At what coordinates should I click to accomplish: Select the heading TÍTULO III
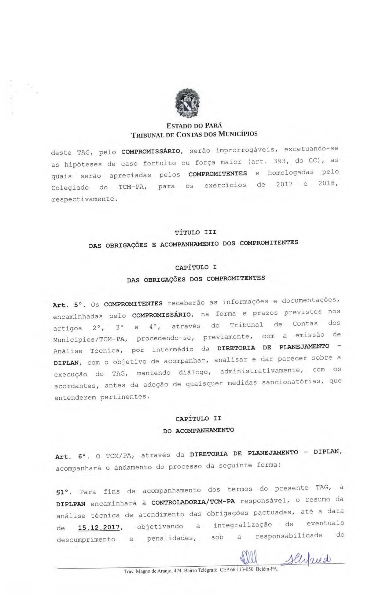pos(195,232)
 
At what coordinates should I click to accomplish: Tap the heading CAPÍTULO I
pos(196,268)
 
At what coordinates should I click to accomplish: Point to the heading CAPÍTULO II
pos(198,419)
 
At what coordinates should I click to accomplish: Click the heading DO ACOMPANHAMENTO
pos(198,431)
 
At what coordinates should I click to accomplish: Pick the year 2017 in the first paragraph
pos(284,184)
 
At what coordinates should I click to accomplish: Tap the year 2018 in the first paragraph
pos(327,183)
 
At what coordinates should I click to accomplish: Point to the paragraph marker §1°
pos(64,492)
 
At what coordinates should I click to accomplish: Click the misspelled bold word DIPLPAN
pos(71,504)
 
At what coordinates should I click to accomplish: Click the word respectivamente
pos(84,199)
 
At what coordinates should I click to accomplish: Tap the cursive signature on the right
pos(308,559)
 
